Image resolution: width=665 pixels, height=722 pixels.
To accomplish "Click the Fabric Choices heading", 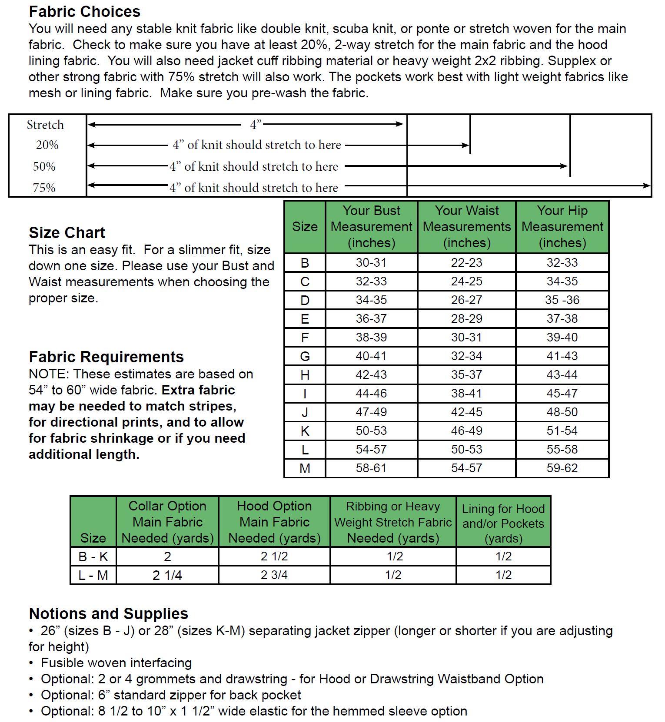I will pyautogui.click(x=84, y=11).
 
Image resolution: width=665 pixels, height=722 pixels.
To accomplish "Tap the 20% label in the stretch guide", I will pyautogui.click(x=47, y=145).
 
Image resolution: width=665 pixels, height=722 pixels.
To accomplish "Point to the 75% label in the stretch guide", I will pyautogui.click(x=44, y=188).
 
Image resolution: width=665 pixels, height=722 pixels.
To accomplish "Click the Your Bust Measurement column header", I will pyautogui.click(x=371, y=226).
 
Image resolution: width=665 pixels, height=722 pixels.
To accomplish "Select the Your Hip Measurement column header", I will pyautogui.click(x=562, y=226).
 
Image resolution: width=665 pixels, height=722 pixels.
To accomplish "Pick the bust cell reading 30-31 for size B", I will pyautogui.click(x=371, y=262).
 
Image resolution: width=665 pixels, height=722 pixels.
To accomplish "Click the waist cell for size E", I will pyautogui.click(x=466, y=318).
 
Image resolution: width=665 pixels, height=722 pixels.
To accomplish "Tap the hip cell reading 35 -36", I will pyautogui.click(x=562, y=300).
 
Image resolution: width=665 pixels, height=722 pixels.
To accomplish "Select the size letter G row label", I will pyautogui.click(x=305, y=356).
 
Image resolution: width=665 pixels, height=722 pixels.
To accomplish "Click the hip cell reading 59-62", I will pyautogui.click(x=562, y=468).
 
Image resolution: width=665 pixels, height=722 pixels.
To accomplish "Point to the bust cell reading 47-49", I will pyautogui.click(x=371, y=412).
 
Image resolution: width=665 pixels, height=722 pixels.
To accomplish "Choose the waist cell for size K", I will pyautogui.click(x=466, y=431).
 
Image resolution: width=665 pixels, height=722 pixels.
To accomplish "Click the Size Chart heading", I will pyautogui.click(x=67, y=233).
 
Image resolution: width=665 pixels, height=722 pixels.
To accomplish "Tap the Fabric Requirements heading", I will pyautogui.click(x=106, y=357).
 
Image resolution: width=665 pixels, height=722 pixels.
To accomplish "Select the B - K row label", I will pyautogui.click(x=93, y=556).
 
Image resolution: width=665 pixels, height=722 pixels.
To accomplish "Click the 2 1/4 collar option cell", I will pyautogui.click(x=167, y=575).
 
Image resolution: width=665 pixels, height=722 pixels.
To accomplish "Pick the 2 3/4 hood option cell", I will pyautogui.click(x=274, y=575).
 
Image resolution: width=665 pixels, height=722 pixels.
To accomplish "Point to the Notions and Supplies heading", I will pyautogui.click(x=108, y=613).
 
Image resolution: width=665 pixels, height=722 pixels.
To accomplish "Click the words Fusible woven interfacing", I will pyautogui.click(x=116, y=663).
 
